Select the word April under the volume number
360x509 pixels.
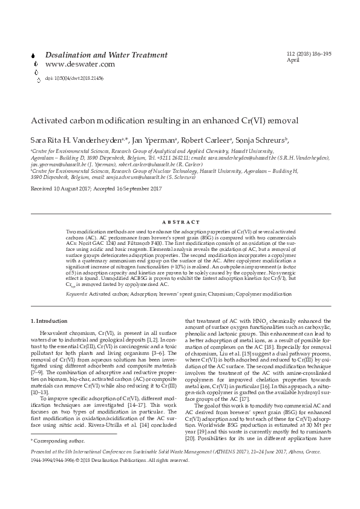coord(292,60)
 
